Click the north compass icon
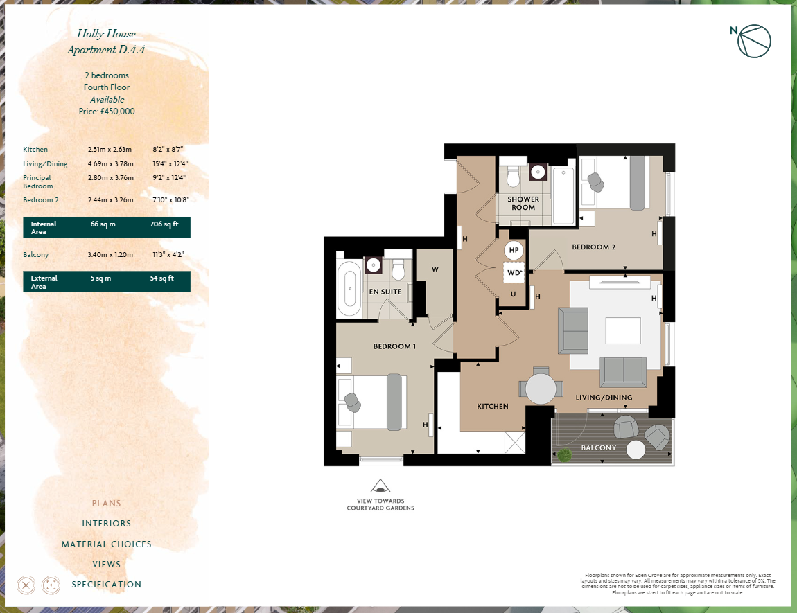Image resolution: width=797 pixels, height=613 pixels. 754,41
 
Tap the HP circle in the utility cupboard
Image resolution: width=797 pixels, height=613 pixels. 514,250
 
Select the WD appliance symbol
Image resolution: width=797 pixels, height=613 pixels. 514,273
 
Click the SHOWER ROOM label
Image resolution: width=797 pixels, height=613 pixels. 523,204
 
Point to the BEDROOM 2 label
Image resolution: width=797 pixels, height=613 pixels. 593,247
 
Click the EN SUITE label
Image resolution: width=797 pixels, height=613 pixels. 385,292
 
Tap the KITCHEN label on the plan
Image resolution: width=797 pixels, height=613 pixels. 493,407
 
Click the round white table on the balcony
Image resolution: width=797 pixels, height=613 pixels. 636,450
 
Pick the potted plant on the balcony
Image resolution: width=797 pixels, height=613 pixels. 565,454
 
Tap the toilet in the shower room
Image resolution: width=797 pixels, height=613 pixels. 513,177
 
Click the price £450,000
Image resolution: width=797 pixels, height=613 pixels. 107,111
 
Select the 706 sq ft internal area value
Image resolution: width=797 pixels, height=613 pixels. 164,224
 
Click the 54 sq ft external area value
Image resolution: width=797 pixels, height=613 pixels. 161,278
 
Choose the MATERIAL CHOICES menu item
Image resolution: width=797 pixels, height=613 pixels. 107,544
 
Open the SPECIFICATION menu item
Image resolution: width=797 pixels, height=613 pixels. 107,585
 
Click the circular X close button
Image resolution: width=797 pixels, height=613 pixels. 26,585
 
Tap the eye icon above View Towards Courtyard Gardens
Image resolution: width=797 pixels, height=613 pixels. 380,486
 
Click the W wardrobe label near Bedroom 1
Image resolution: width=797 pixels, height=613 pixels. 435,269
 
